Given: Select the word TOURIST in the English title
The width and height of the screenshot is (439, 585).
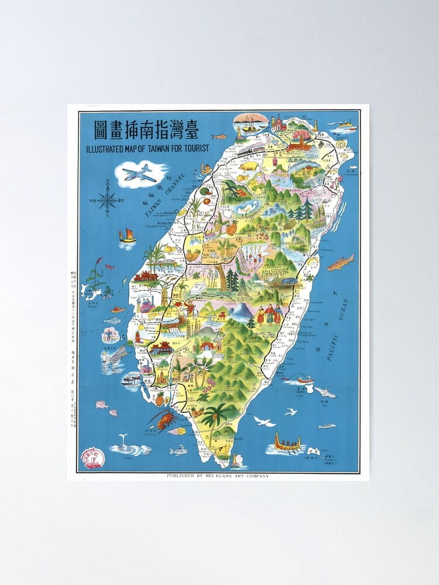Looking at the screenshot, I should [196, 148].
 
